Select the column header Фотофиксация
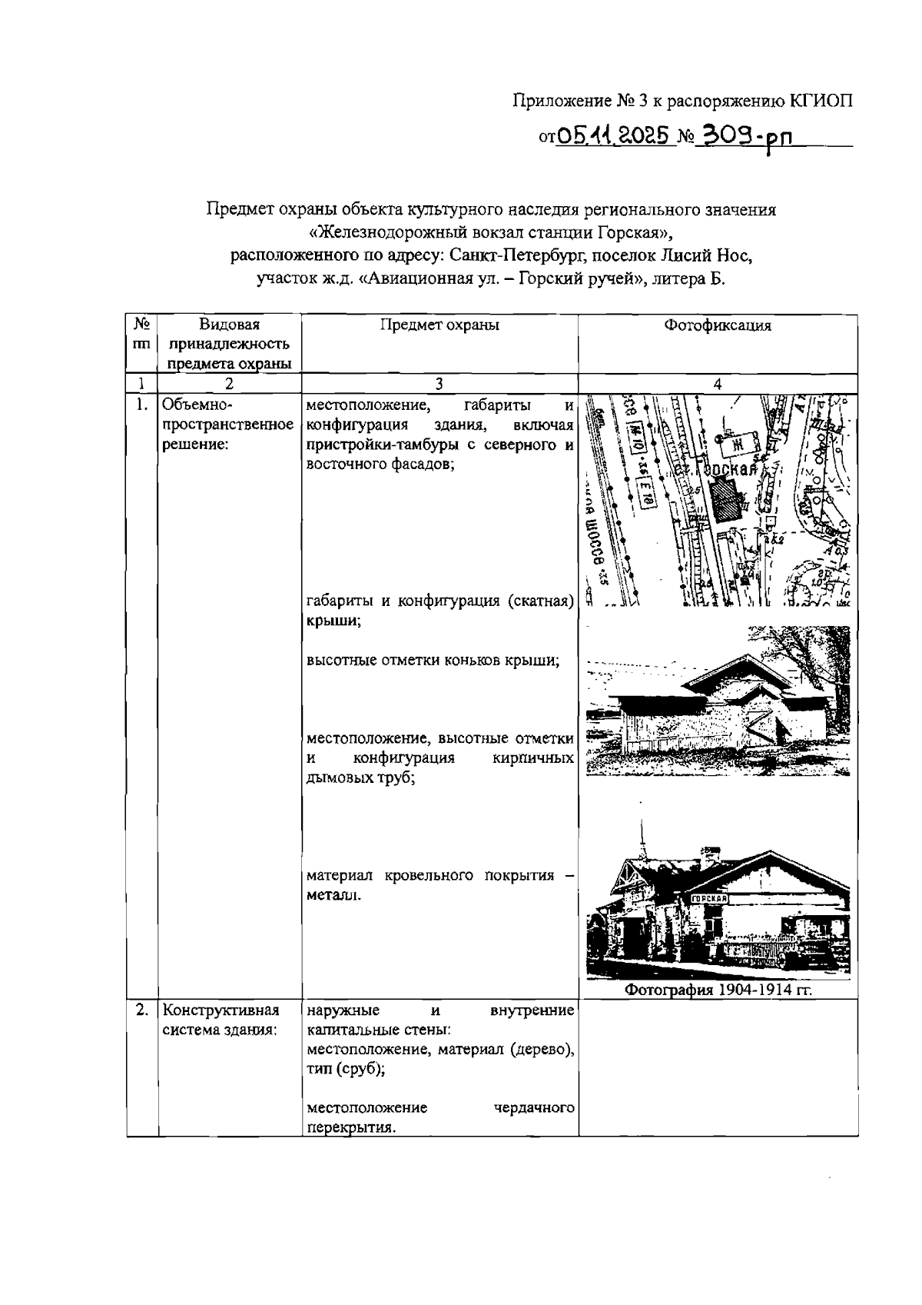coord(718,325)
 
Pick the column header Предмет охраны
coord(439,325)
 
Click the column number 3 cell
coord(439,385)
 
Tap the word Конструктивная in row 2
coord(221,1010)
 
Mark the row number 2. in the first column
coord(141,1010)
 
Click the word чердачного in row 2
coord(535,1108)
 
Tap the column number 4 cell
coord(718,385)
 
